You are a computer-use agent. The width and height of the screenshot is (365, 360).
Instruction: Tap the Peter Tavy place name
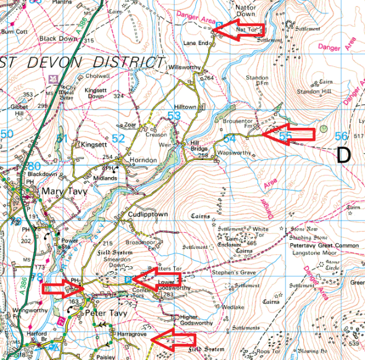click(x=106, y=313)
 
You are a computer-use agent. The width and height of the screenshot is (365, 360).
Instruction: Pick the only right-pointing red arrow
click(x=63, y=288)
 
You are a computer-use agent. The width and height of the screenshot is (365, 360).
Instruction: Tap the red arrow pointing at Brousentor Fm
click(x=284, y=134)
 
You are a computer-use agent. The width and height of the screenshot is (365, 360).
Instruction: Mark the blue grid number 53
click(x=174, y=116)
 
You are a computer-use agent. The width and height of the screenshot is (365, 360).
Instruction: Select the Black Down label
click(x=56, y=38)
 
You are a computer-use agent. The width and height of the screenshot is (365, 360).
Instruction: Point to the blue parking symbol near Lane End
click(x=217, y=24)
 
